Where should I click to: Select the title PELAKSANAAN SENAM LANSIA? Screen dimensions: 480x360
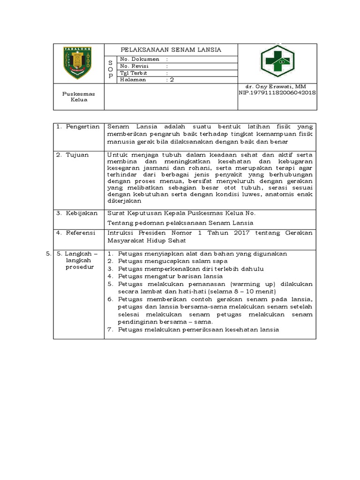point(171,50)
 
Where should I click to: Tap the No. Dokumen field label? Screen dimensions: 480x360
point(140,60)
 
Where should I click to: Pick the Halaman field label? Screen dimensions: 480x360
point(133,80)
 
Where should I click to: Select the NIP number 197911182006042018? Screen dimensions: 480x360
point(277,93)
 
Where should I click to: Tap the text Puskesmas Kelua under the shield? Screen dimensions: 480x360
point(79,97)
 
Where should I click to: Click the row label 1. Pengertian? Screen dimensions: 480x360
point(78,127)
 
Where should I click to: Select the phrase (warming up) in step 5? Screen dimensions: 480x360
point(254,284)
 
